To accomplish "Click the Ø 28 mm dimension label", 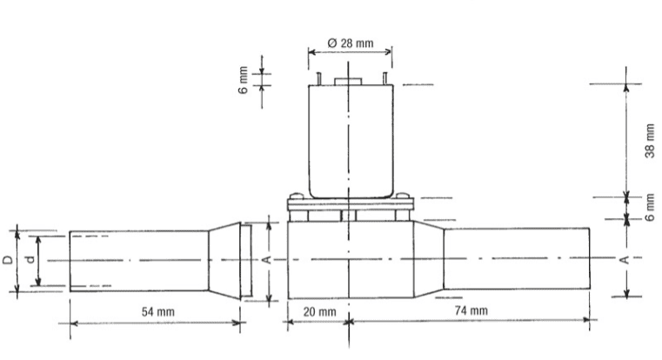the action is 350,43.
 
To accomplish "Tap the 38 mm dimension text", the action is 650,141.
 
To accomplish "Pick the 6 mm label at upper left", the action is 243,80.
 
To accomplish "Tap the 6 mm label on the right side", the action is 650,208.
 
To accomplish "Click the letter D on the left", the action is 8,259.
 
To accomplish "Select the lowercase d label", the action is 30,259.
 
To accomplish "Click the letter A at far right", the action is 626,260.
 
